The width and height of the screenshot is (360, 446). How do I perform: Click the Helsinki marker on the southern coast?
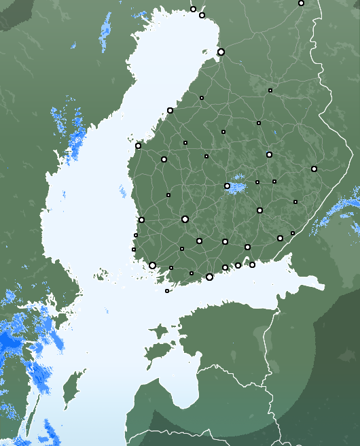point(209,277)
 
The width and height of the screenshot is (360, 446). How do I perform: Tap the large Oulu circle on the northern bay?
point(221,52)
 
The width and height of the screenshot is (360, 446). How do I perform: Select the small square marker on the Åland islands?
point(167,291)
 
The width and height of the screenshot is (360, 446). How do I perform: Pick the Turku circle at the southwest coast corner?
point(152,265)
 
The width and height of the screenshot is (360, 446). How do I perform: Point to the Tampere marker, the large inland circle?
point(185,219)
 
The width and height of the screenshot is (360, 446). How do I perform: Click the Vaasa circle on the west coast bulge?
point(138,145)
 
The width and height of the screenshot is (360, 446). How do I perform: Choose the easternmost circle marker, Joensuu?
point(314,169)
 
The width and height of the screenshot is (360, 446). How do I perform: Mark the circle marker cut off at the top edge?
point(301,3)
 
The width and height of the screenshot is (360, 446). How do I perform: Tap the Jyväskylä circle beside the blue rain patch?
point(227,186)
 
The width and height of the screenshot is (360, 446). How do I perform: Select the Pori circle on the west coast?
point(141,220)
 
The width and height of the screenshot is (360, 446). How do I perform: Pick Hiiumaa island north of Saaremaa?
point(160,332)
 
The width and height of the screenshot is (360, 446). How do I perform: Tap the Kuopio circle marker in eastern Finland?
point(269,154)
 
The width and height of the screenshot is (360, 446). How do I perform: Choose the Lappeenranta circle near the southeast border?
point(280,238)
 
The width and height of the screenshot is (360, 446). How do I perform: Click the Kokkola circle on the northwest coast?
point(170,110)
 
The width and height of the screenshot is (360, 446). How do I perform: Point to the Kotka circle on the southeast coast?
point(252,264)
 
